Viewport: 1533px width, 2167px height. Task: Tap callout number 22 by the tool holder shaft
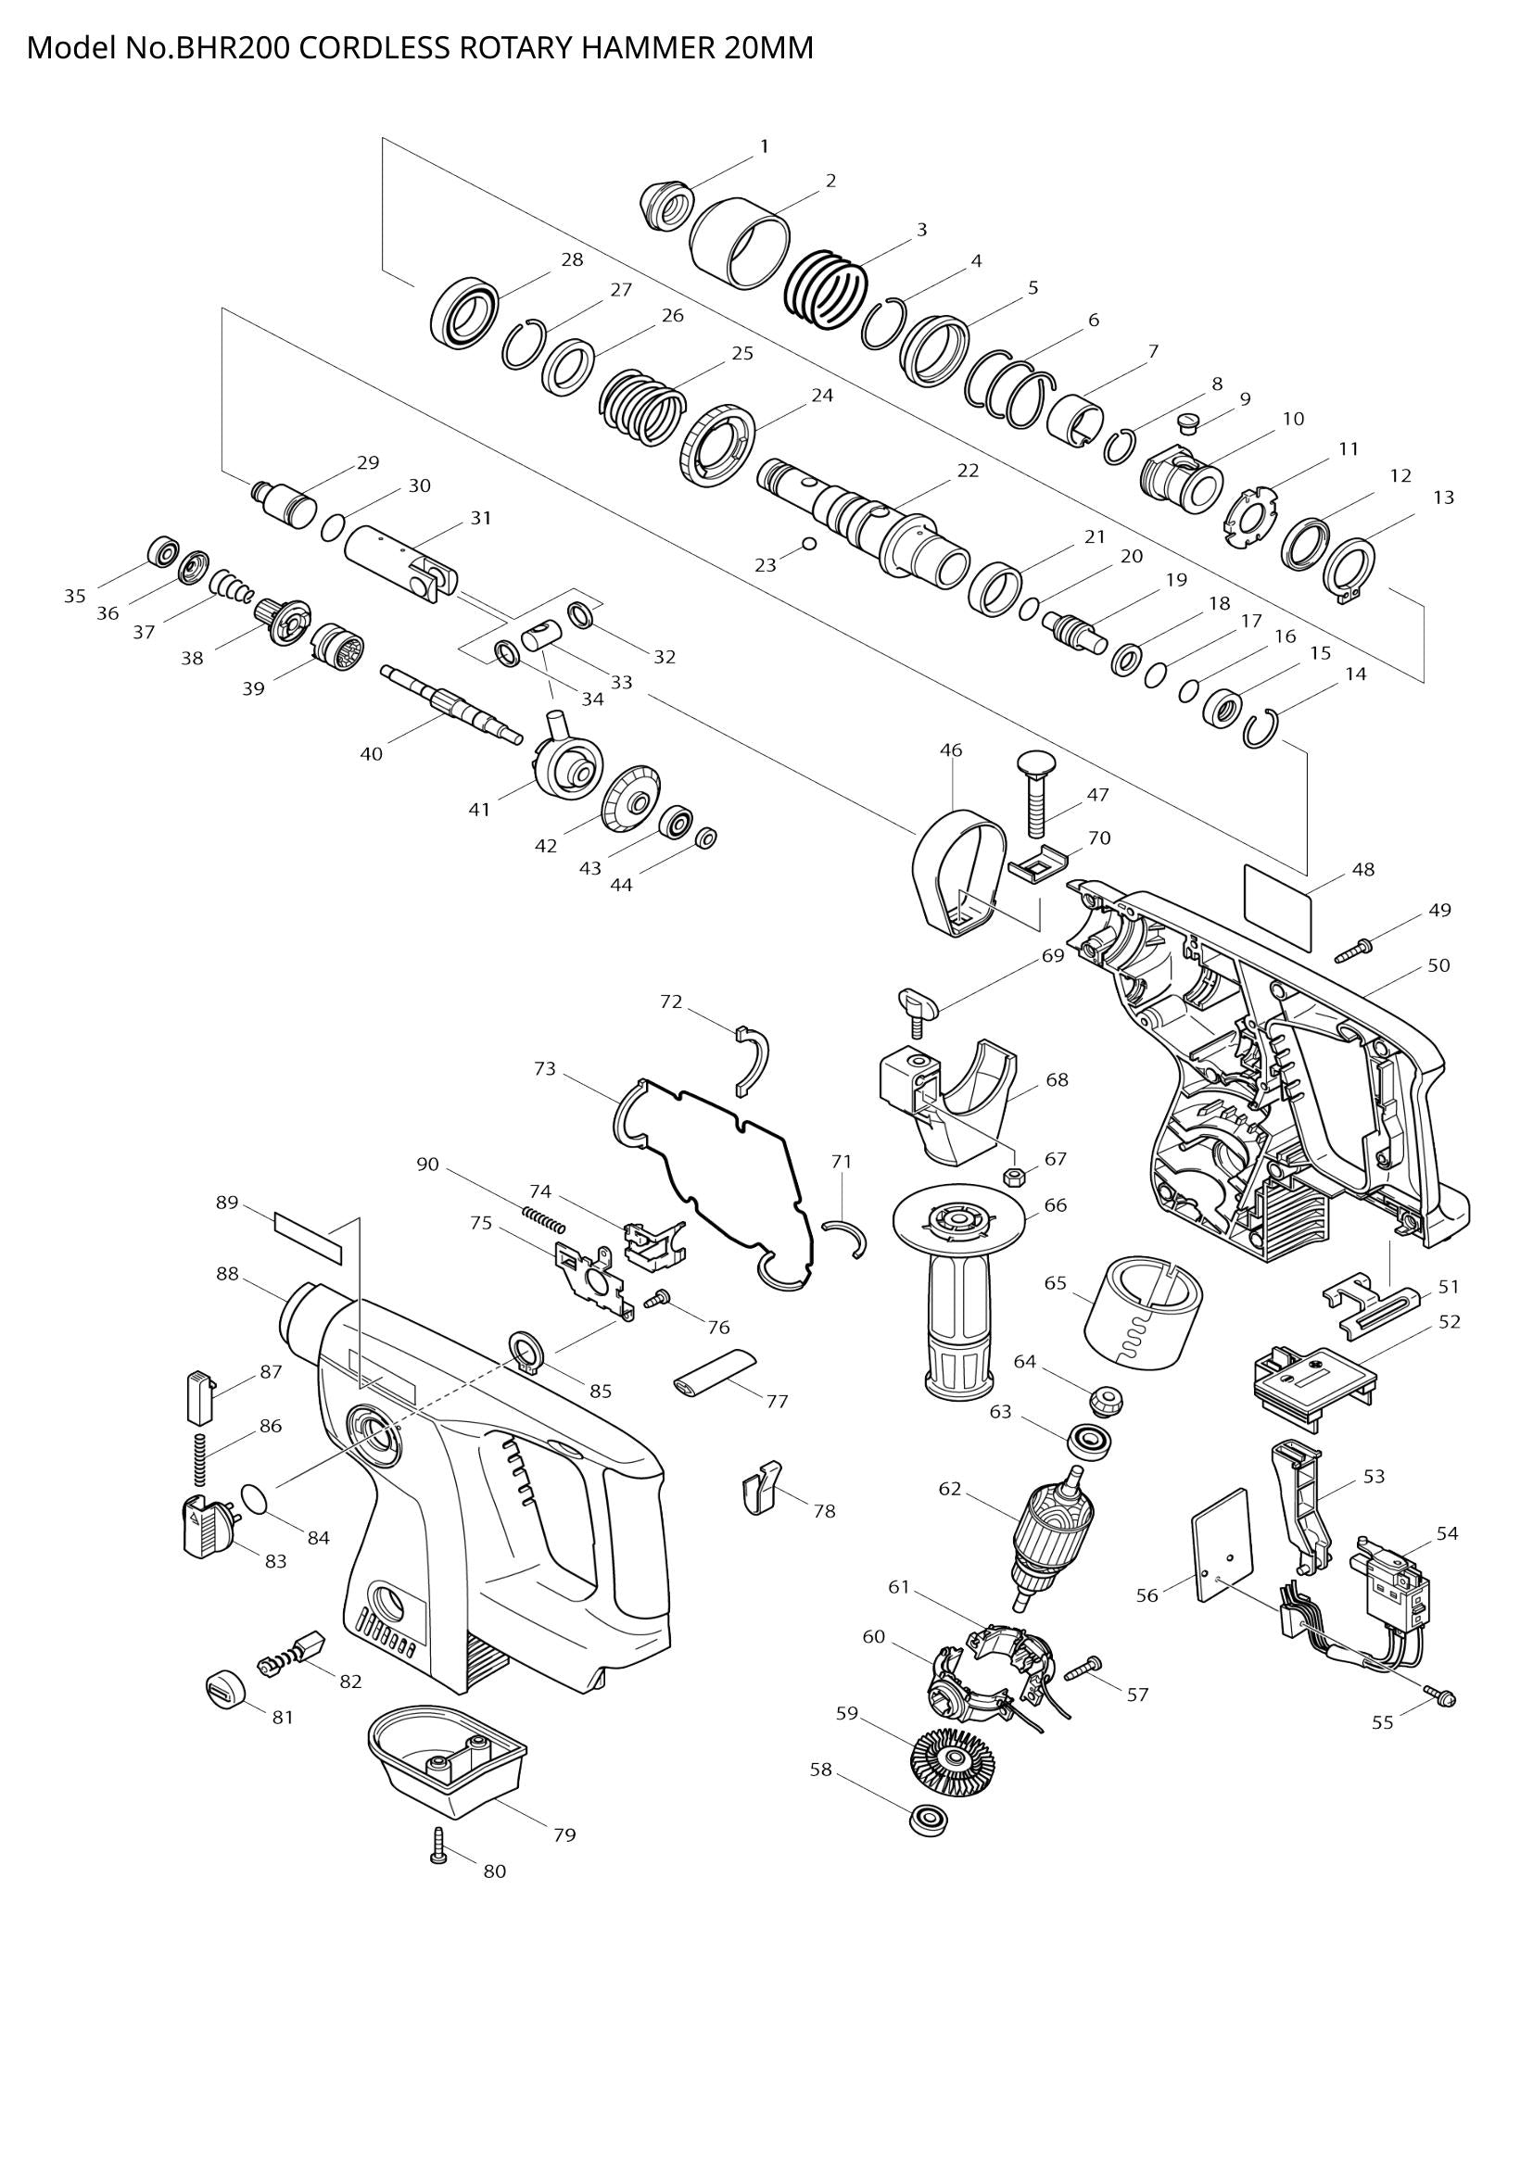[968, 470]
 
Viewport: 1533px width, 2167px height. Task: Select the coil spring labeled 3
[826, 290]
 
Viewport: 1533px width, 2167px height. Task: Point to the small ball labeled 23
[808, 544]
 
